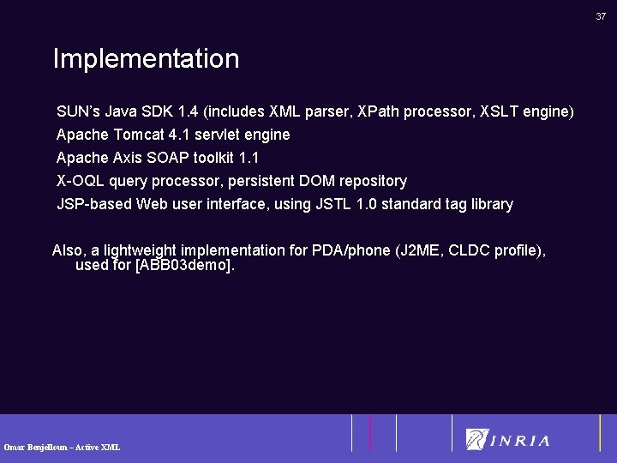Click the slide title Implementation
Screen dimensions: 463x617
click(x=146, y=59)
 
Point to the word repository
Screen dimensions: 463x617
click(x=374, y=181)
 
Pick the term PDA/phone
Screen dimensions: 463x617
click(x=350, y=250)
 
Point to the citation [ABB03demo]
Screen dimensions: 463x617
click(x=184, y=266)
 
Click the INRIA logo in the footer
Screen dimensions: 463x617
click(x=508, y=440)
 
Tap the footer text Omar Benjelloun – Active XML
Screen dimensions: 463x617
click(x=62, y=447)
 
